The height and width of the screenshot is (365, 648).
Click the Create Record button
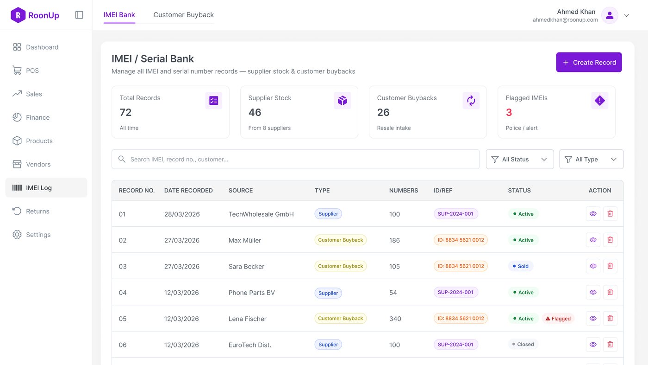pos(589,62)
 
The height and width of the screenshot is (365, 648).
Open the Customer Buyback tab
pos(183,15)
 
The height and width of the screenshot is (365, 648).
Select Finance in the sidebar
pos(37,117)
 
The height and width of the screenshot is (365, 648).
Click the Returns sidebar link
pos(37,211)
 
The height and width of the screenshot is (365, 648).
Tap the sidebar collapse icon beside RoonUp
pos(79,15)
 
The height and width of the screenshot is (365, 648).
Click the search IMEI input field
pos(295,159)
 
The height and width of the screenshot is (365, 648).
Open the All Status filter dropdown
pos(519,159)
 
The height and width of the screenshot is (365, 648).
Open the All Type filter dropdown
pos(591,159)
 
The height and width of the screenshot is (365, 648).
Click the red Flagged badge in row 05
pos(558,318)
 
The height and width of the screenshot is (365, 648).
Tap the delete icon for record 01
pos(610,214)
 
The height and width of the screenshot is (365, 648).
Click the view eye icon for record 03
pos(593,266)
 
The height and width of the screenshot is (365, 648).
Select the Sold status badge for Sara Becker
pos(520,266)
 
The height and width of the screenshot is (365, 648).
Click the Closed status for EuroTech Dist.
pos(523,344)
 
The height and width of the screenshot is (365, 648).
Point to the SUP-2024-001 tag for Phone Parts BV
pos(455,292)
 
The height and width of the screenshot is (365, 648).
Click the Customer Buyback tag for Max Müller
pos(340,240)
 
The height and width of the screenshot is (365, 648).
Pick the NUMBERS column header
pos(403,191)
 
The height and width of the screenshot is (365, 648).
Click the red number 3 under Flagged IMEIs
pos(509,112)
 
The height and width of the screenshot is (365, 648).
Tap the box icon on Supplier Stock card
pos(342,101)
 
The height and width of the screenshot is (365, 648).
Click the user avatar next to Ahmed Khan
pos(610,15)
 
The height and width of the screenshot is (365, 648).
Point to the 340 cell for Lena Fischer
pos(395,319)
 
